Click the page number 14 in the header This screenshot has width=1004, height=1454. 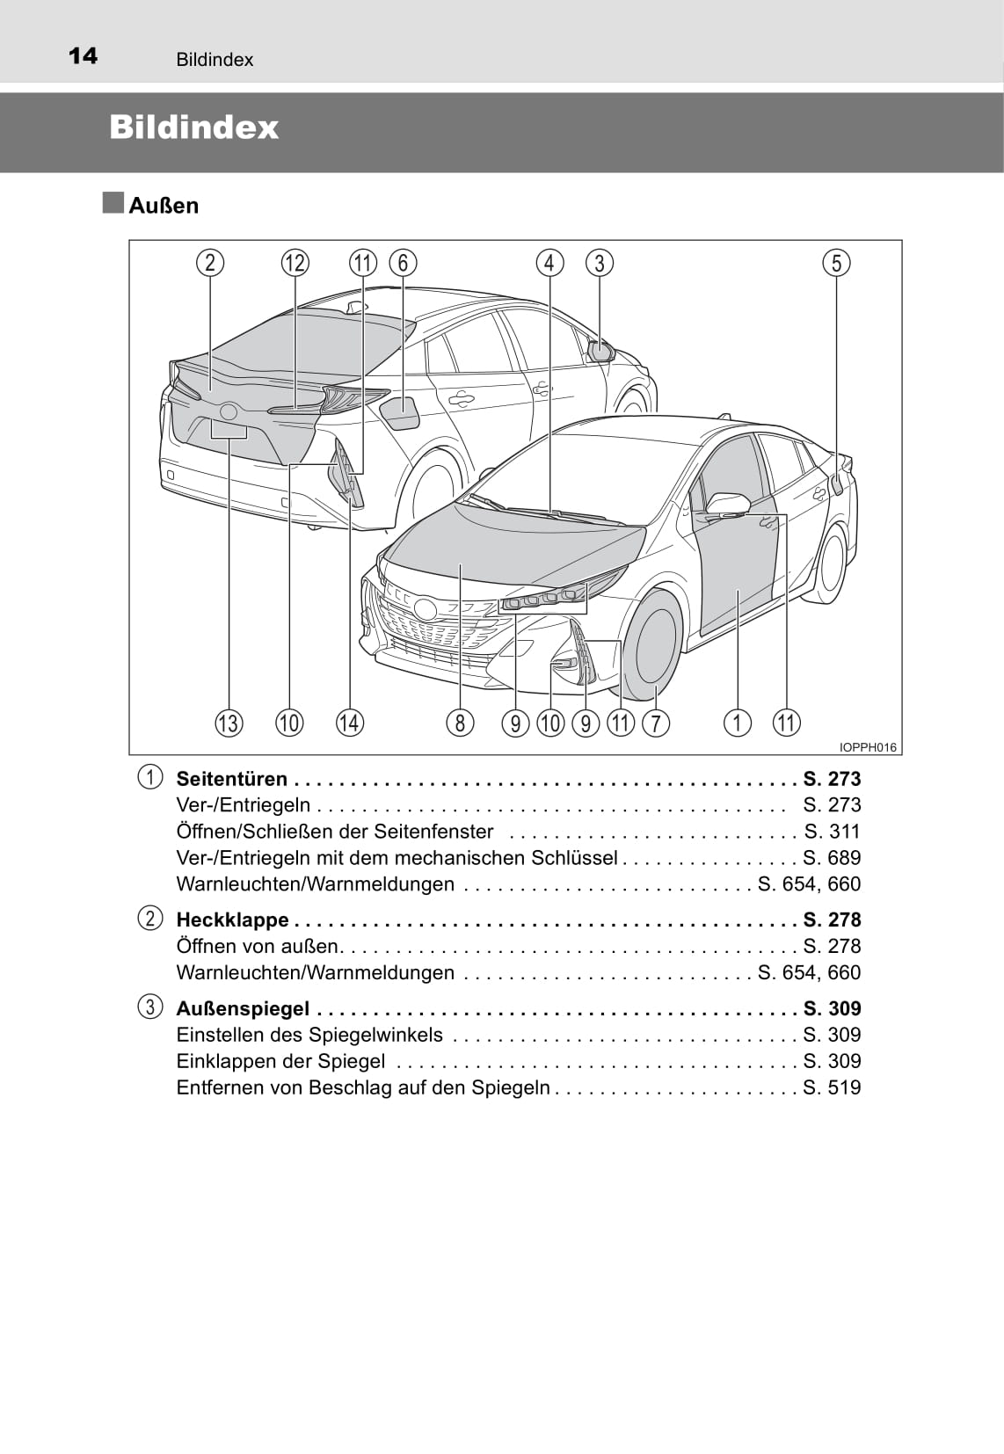point(84,56)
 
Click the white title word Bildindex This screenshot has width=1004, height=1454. point(193,127)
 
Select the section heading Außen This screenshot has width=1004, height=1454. point(164,206)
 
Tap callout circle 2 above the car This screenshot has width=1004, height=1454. point(210,263)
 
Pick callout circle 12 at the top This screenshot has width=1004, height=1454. point(295,263)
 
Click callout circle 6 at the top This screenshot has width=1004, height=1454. point(403,263)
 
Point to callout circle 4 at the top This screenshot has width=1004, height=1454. point(549,263)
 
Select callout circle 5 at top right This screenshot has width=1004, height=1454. point(836,263)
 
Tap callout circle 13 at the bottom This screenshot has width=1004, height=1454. point(229,723)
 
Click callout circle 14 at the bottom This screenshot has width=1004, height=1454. point(350,723)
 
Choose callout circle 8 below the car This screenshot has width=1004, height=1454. point(460,723)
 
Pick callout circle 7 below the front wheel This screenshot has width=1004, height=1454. point(656,723)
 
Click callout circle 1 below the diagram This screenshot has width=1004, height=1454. point(738,723)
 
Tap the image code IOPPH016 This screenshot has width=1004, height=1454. point(868,747)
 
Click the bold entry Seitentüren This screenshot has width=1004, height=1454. point(232,779)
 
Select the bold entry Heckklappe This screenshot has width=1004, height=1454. point(232,920)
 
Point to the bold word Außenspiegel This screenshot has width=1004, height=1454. point(243,1008)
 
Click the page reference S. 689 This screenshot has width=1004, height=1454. point(832,858)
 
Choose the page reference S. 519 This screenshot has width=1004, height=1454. point(832,1087)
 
